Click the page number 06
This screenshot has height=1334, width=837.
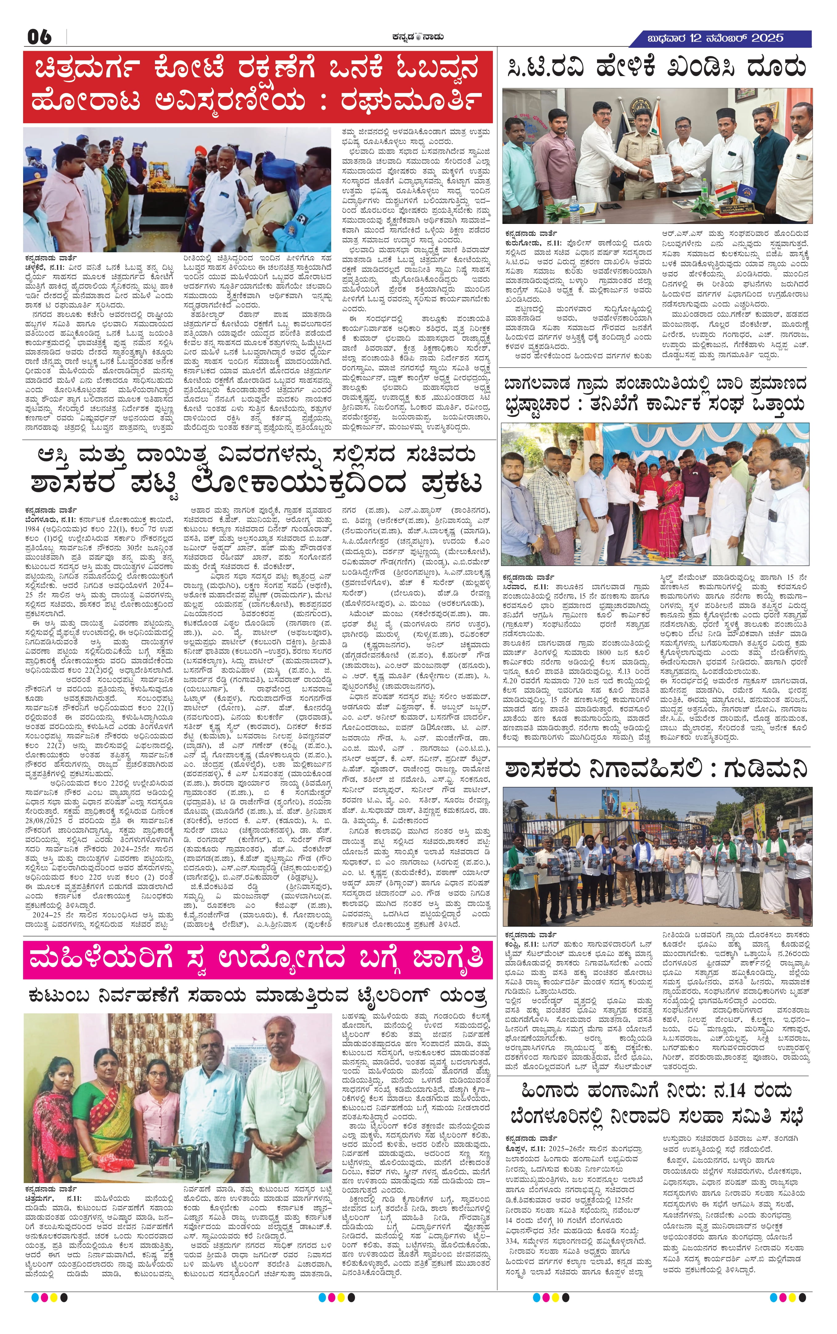39,37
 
